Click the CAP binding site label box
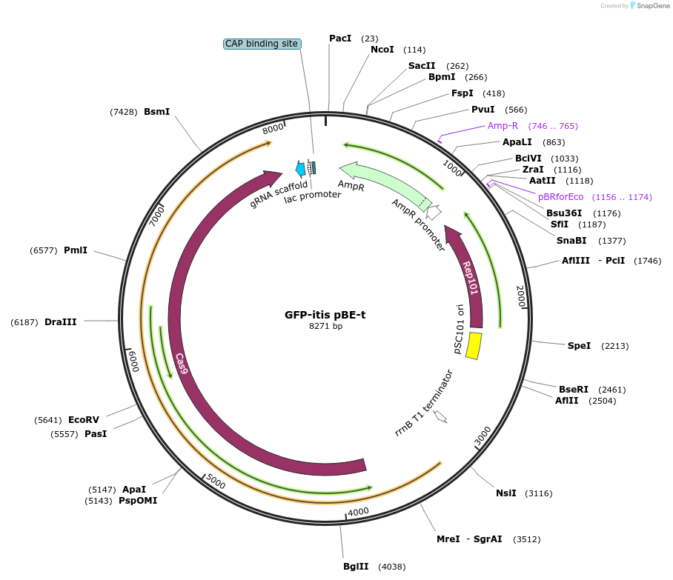tap(262, 44)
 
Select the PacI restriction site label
tap(340, 38)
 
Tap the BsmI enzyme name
tap(156, 112)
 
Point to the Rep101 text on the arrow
tap(471, 278)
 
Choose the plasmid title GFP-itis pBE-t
tap(325, 314)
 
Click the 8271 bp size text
tap(325, 326)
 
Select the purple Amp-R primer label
tap(503, 126)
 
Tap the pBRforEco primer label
tap(560, 197)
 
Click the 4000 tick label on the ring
tap(358, 512)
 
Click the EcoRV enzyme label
tap(83, 419)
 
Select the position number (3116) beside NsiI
tap(538, 493)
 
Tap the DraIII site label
tap(60, 322)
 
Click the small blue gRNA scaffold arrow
tap(300, 169)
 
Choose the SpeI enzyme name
tap(579, 345)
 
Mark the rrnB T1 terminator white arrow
tap(440, 416)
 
